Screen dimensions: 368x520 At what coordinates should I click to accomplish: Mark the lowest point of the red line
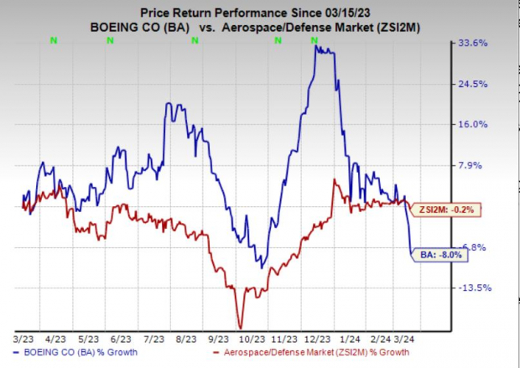[240, 328]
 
